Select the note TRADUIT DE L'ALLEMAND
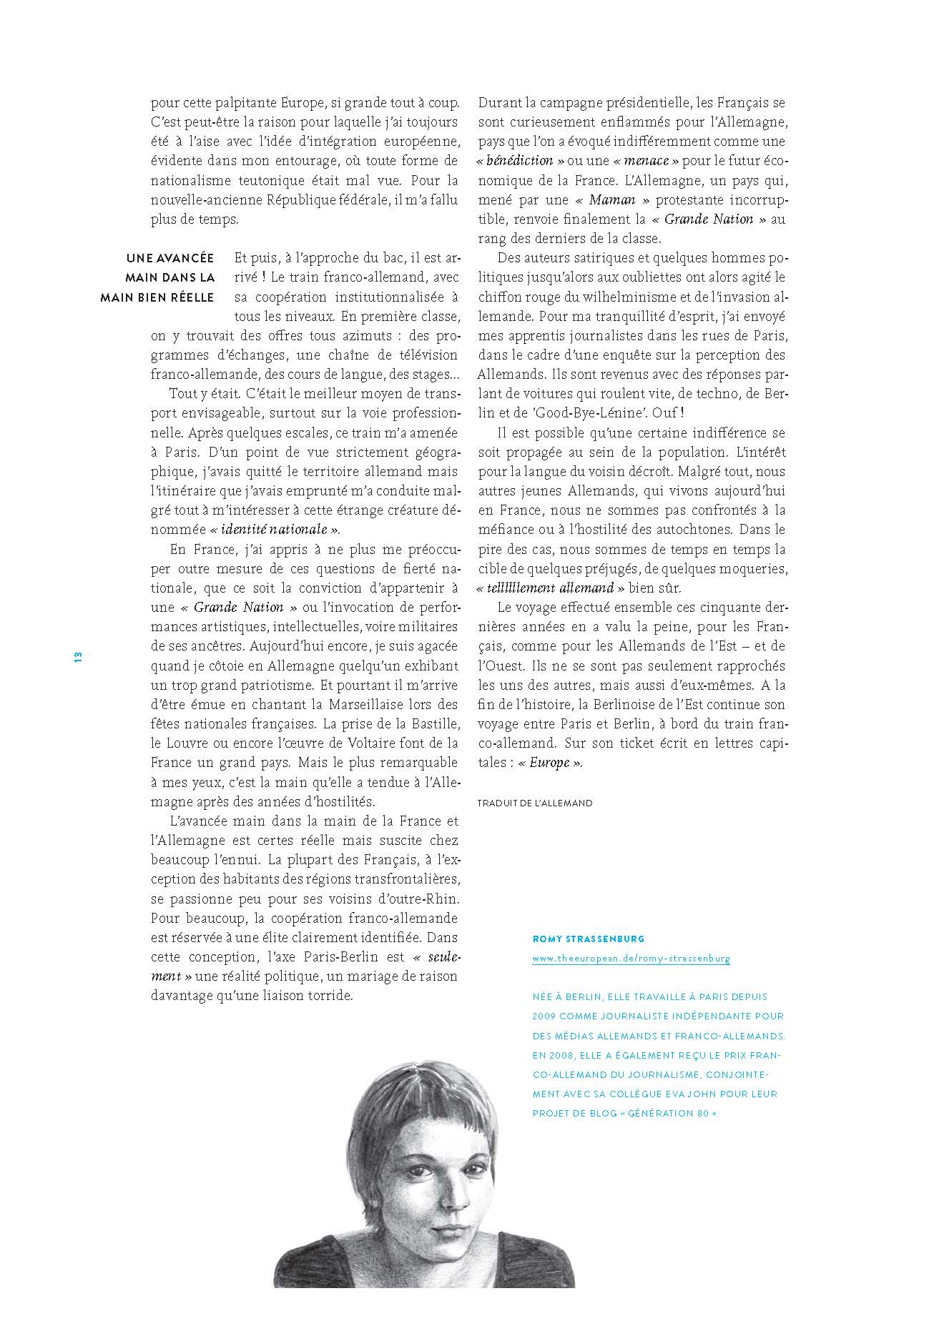click(x=535, y=803)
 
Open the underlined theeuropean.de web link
click(x=631, y=959)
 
